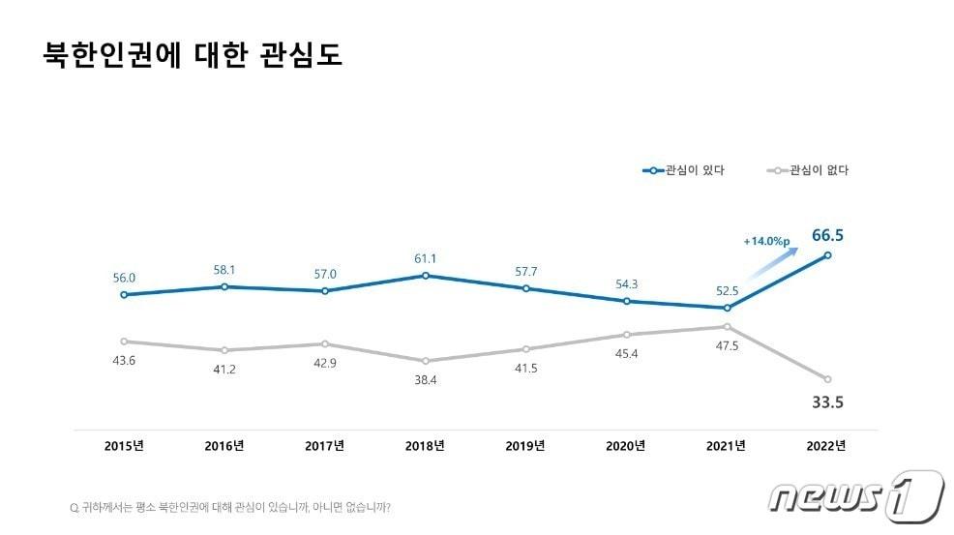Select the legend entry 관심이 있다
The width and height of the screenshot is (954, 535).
coord(684,170)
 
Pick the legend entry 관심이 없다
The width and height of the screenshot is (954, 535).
coord(807,170)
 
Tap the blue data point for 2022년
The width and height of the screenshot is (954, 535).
coord(826,255)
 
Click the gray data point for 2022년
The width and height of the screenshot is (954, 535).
coord(826,378)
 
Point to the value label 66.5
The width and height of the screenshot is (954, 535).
coord(827,235)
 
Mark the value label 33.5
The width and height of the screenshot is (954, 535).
coord(827,401)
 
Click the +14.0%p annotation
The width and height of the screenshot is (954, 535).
coord(765,241)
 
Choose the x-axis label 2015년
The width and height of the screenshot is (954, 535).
coord(124,446)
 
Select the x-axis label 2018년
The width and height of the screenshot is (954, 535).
coord(425,446)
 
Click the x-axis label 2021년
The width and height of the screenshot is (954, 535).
coord(726,446)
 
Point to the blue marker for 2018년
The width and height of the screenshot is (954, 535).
coord(425,276)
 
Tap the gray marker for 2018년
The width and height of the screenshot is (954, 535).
coord(425,361)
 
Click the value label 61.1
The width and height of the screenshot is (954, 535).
coord(425,258)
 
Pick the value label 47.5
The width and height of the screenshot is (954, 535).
coord(725,345)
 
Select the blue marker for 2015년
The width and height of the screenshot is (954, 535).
coord(124,294)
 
